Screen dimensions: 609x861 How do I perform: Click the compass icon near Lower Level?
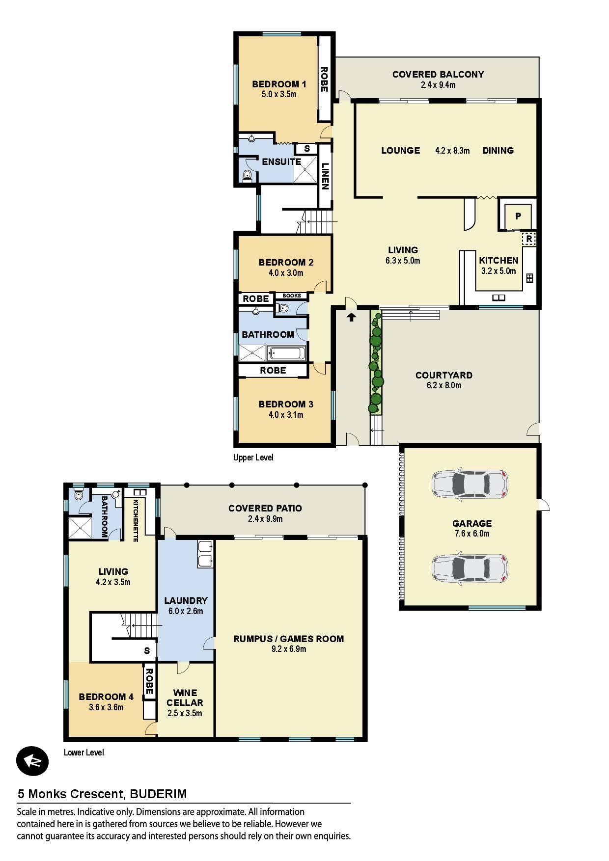(32, 761)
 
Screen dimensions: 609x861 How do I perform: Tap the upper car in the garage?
(469, 484)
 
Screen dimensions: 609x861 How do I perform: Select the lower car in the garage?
(470, 568)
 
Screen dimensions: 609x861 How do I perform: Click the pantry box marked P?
(518, 215)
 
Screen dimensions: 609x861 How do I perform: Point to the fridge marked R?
(528, 239)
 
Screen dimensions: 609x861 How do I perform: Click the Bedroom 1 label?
(279, 84)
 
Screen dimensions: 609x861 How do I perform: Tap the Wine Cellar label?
(185, 698)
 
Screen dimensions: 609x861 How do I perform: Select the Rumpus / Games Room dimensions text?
(288, 649)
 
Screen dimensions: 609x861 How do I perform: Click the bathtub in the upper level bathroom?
(286, 353)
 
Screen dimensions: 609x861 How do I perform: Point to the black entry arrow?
(351, 317)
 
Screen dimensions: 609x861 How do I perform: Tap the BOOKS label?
(292, 296)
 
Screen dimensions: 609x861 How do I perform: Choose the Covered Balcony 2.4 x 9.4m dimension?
(438, 85)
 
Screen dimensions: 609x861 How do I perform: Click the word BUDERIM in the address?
(159, 794)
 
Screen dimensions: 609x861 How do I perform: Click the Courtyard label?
(444, 375)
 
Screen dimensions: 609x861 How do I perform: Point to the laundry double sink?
(205, 554)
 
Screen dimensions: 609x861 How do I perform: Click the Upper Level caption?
(253, 457)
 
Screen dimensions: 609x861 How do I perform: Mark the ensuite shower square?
(305, 170)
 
